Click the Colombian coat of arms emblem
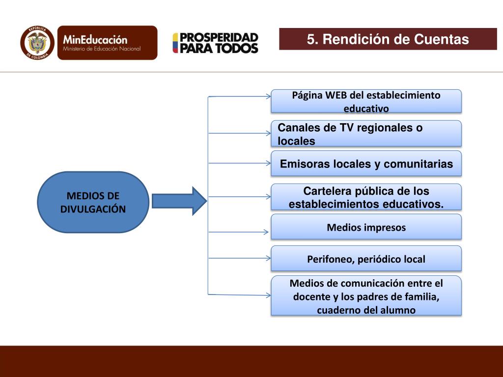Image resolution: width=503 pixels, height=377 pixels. (37, 43)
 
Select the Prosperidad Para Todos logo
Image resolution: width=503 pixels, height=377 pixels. (215, 43)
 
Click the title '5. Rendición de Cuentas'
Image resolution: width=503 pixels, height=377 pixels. (388, 39)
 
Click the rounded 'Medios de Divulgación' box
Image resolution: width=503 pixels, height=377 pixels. (93, 202)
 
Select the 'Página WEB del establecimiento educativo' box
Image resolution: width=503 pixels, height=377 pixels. (366, 101)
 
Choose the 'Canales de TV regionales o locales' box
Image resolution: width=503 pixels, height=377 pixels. (366, 134)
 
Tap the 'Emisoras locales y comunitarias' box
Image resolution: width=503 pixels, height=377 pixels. (366, 164)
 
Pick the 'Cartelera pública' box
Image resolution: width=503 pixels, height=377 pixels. (366, 197)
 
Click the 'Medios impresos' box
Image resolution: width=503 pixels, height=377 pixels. (366, 227)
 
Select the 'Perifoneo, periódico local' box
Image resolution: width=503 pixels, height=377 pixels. (366, 259)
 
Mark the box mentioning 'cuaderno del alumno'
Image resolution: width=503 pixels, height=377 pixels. (366, 296)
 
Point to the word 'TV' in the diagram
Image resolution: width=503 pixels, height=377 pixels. (346, 128)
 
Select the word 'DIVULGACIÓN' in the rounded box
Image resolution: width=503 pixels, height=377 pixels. (93, 209)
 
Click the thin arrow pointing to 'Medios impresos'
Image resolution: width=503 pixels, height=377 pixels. (240, 232)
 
